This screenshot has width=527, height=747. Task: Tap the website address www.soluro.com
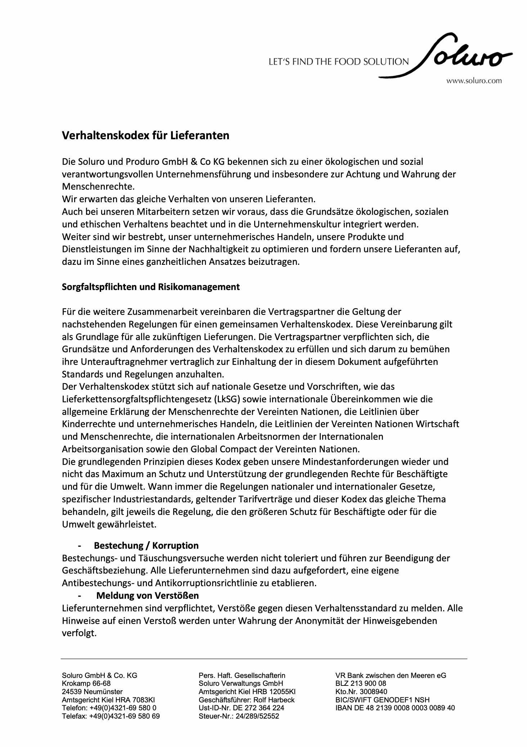pyautogui.click(x=474, y=81)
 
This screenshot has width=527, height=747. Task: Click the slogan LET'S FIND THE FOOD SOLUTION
pyautogui.click(x=339, y=62)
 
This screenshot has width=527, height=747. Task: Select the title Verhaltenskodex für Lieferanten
pyautogui.click(x=145, y=136)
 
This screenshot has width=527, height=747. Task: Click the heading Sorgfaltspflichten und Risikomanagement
pyautogui.click(x=150, y=287)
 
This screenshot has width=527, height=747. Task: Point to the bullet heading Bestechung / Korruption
pyautogui.click(x=146, y=545)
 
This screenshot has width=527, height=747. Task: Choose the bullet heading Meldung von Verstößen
pyautogui.click(x=147, y=596)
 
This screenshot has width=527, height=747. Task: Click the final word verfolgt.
pyautogui.click(x=79, y=633)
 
